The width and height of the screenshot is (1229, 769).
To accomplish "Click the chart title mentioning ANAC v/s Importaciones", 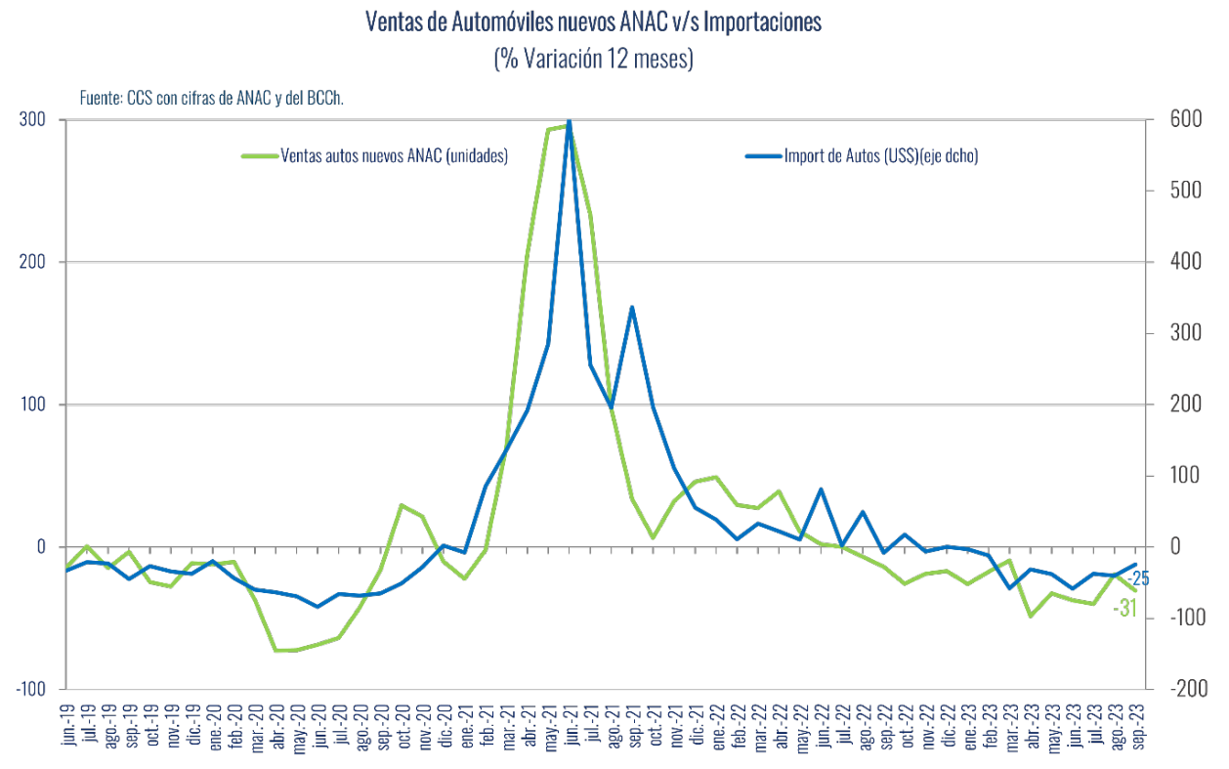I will coord(593,21).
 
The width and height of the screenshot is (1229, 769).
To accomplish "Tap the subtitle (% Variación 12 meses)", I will coord(593,59).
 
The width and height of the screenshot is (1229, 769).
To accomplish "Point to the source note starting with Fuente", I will coord(212,98).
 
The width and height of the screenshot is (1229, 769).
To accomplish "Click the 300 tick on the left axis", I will coord(34,119).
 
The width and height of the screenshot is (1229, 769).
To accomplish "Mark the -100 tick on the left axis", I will coord(30,689).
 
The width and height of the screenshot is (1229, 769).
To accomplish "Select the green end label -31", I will coord(1124,608).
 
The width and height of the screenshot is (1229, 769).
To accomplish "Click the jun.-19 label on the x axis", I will coord(67,724).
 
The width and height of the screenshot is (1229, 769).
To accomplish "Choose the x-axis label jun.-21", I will coord(570,724).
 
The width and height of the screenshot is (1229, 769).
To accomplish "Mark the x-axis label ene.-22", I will coord(716,724).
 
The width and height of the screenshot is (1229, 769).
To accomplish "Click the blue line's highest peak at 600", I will coord(570,121).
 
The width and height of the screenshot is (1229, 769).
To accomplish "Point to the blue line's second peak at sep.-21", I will coord(632,307).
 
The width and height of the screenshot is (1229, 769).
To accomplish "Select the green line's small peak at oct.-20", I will coord(402,505).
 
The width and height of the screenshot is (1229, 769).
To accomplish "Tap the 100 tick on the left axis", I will coord(34,405).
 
